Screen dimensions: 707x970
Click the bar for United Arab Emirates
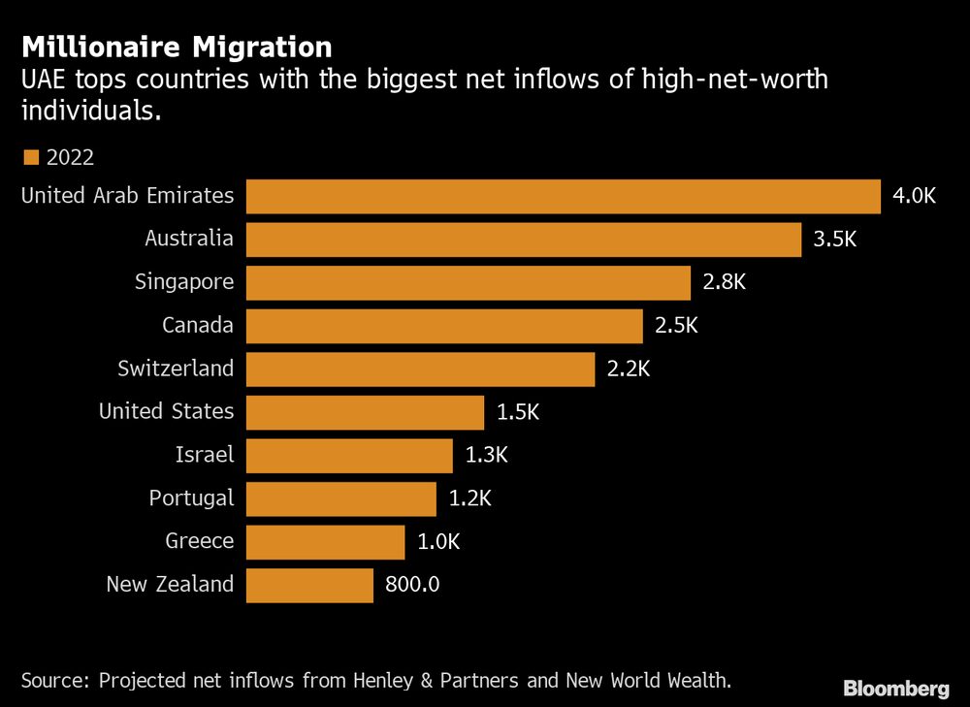pos(563,196)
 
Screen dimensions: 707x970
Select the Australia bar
pos(524,240)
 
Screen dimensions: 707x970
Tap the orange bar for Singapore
pos(468,282)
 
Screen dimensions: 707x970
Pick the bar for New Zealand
pos(309,585)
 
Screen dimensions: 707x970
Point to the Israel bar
pos(349,455)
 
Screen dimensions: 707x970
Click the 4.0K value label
pos(914,196)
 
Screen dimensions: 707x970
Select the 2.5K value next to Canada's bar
pos(676,326)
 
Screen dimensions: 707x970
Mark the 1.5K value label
pos(517,412)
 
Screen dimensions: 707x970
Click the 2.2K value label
pos(629,369)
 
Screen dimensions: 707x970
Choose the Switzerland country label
pos(176,369)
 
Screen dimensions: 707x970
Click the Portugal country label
pos(191,498)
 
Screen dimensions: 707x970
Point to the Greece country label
pos(199,541)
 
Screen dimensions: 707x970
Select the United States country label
pos(166,412)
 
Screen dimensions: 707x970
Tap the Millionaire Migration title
pos(177,47)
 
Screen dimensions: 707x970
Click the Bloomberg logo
pos(896,689)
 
